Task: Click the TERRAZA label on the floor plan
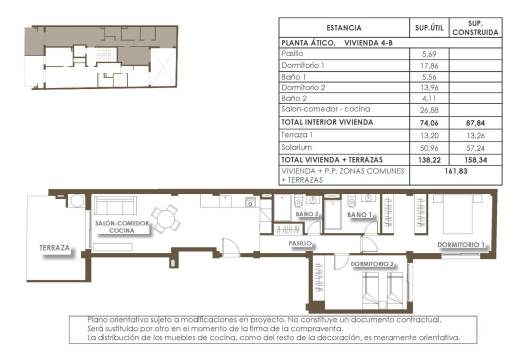55,247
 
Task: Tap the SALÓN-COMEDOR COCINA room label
123,227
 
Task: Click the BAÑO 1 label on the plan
359,215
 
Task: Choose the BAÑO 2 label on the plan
307,215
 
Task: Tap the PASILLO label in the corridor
301,243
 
